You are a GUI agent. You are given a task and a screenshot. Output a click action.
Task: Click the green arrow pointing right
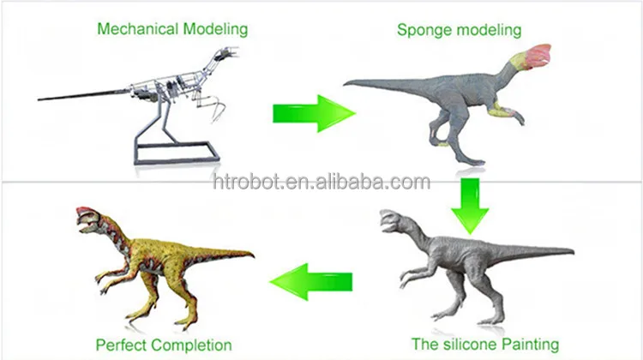[313, 114]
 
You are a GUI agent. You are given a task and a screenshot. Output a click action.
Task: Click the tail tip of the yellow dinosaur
[252, 255]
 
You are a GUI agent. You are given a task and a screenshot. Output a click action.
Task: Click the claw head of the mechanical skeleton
[224, 55]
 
